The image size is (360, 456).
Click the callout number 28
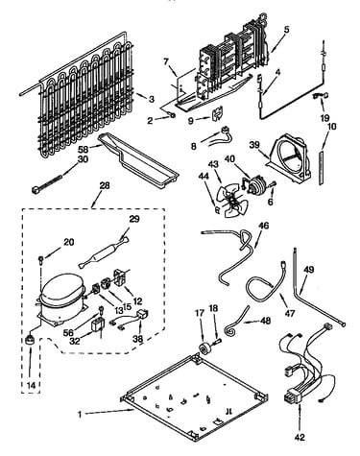pyautogui.click(x=105, y=185)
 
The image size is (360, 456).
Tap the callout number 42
pyautogui.click(x=300, y=437)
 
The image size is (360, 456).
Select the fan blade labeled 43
pyautogui.click(x=228, y=201)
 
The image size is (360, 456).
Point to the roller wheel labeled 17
pyautogui.click(x=204, y=348)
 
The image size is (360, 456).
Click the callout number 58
pyautogui.click(x=84, y=150)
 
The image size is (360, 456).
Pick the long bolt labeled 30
pyautogui.click(x=50, y=181)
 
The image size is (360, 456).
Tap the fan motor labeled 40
pyautogui.click(x=255, y=185)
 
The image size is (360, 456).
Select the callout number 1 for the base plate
pyautogui.click(x=80, y=414)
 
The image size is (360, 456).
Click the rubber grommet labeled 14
pyautogui.click(x=30, y=340)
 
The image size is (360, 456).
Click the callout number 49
pyautogui.click(x=310, y=270)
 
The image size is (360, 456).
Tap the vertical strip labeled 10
pyautogui.click(x=321, y=168)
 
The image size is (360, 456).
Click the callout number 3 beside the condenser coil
pyautogui.click(x=151, y=99)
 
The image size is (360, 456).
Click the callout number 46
pyautogui.click(x=264, y=226)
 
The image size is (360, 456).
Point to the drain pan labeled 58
pyautogui.click(x=138, y=160)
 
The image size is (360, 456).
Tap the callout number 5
pyautogui.click(x=286, y=30)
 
